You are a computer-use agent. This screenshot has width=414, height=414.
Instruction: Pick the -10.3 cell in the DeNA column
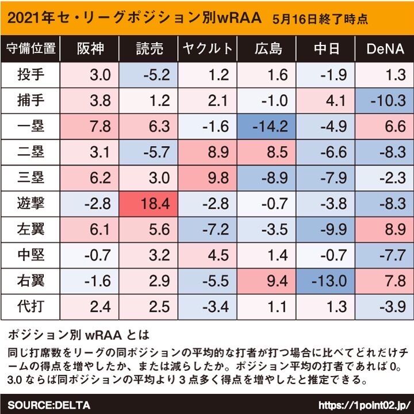pos(384,101)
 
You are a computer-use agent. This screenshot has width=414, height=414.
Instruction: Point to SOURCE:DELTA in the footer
pos(49,405)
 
